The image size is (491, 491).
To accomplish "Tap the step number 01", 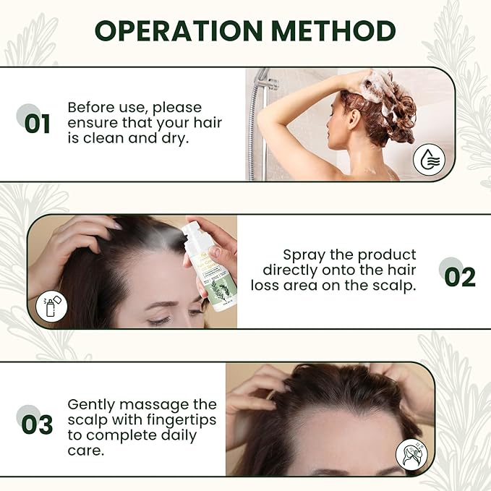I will (x=38, y=123).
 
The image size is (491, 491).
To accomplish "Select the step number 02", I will (x=459, y=277).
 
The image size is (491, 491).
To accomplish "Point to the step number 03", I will (x=38, y=424).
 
